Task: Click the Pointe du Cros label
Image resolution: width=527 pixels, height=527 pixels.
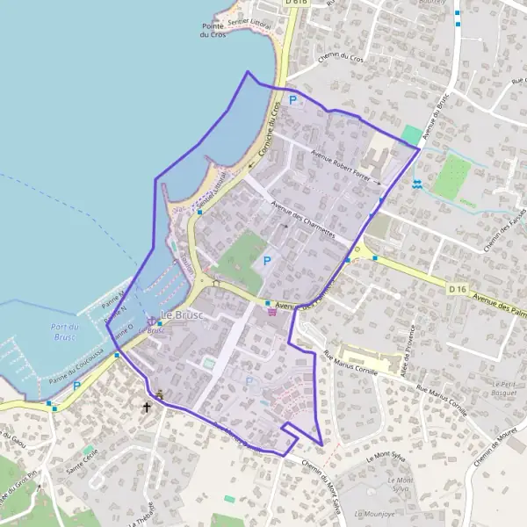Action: [x=214, y=30]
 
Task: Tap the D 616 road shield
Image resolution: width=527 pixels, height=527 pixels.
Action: [x=296, y=3]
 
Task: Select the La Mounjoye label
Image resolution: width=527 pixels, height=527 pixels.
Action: [x=372, y=512]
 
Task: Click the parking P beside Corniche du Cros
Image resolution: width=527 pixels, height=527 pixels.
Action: [x=292, y=100]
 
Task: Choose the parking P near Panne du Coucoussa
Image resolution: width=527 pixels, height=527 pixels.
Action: [x=76, y=385]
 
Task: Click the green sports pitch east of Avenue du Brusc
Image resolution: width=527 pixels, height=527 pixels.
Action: [x=451, y=176]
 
